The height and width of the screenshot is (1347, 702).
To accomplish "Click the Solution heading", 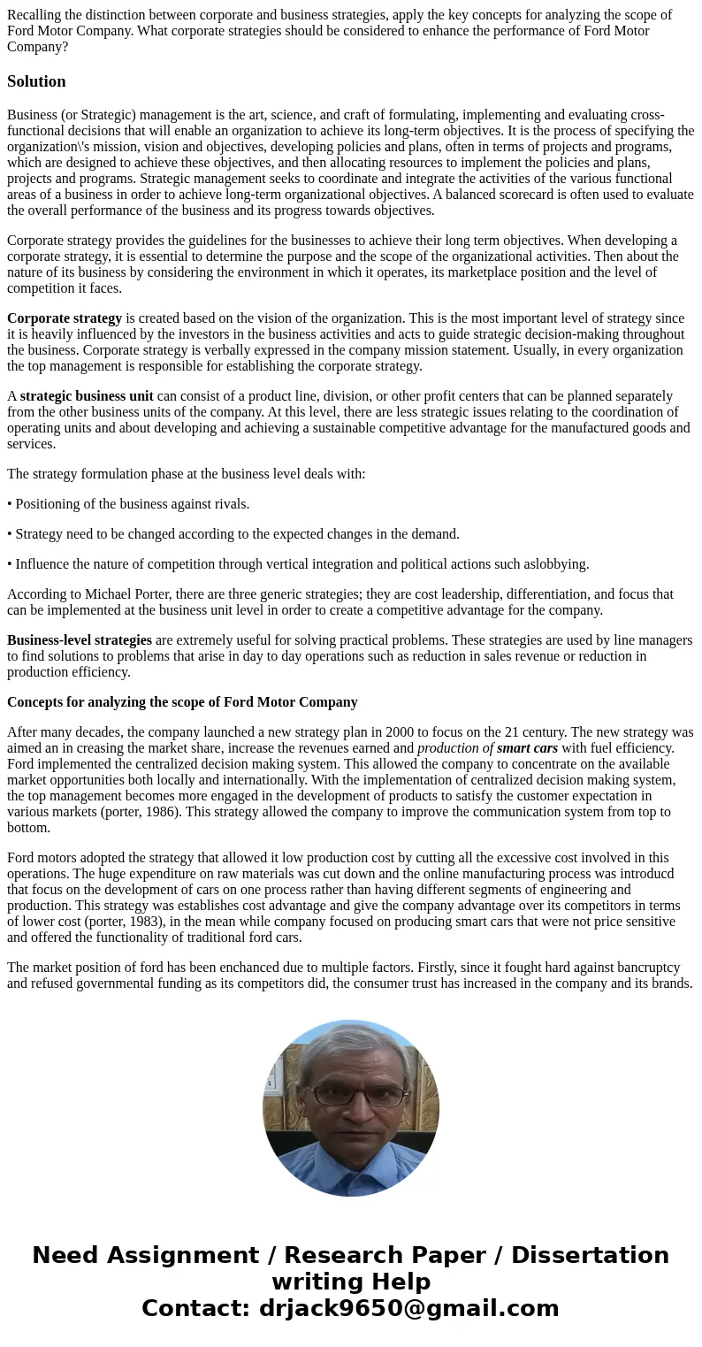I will click(36, 81).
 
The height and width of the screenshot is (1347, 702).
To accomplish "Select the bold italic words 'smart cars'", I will click(527, 748).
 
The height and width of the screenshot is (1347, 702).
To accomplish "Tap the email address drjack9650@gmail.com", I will click(408, 1308).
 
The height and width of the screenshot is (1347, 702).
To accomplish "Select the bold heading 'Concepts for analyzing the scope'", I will click(182, 702).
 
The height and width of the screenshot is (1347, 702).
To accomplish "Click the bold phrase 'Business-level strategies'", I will click(80, 640).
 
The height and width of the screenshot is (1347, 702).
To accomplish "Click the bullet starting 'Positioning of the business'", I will click(128, 504).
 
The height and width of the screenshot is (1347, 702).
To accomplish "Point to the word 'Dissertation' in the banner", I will click(590, 1255).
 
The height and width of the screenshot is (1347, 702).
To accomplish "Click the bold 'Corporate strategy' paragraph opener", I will click(65, 318).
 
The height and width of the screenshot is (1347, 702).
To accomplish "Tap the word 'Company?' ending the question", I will click(37, 47).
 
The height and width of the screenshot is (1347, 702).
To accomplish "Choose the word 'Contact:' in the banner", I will click(195, 1308).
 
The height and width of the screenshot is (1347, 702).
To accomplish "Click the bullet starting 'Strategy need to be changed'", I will click(233, 534).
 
